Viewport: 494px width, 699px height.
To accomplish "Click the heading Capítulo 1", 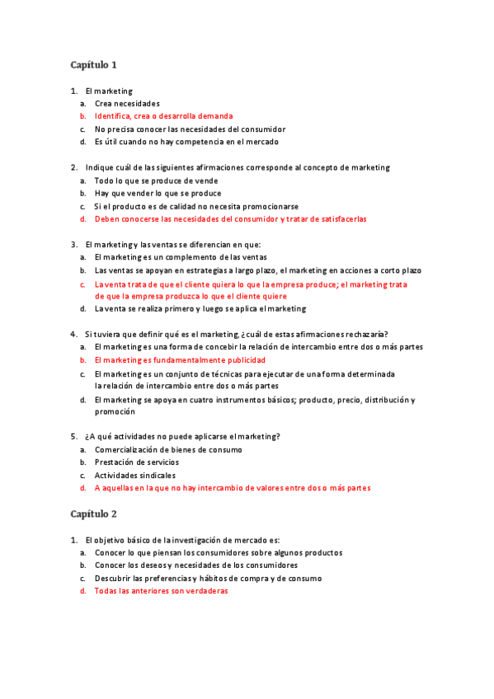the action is [93, 64].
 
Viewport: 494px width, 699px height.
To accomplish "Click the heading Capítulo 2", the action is [93, 514].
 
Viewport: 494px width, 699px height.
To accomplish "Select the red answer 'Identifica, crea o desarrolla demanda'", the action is [163, 116].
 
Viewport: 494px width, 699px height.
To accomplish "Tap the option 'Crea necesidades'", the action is [127, 103].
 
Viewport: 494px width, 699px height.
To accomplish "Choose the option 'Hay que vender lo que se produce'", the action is [158, 193].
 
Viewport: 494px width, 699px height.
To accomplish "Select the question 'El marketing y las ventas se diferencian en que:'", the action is [172, 244].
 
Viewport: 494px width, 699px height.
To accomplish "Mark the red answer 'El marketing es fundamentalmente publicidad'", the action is [180, 360].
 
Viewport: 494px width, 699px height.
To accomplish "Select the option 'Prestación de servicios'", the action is [138, 462].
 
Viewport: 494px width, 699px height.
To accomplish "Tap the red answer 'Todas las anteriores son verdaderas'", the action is [161, 591].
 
